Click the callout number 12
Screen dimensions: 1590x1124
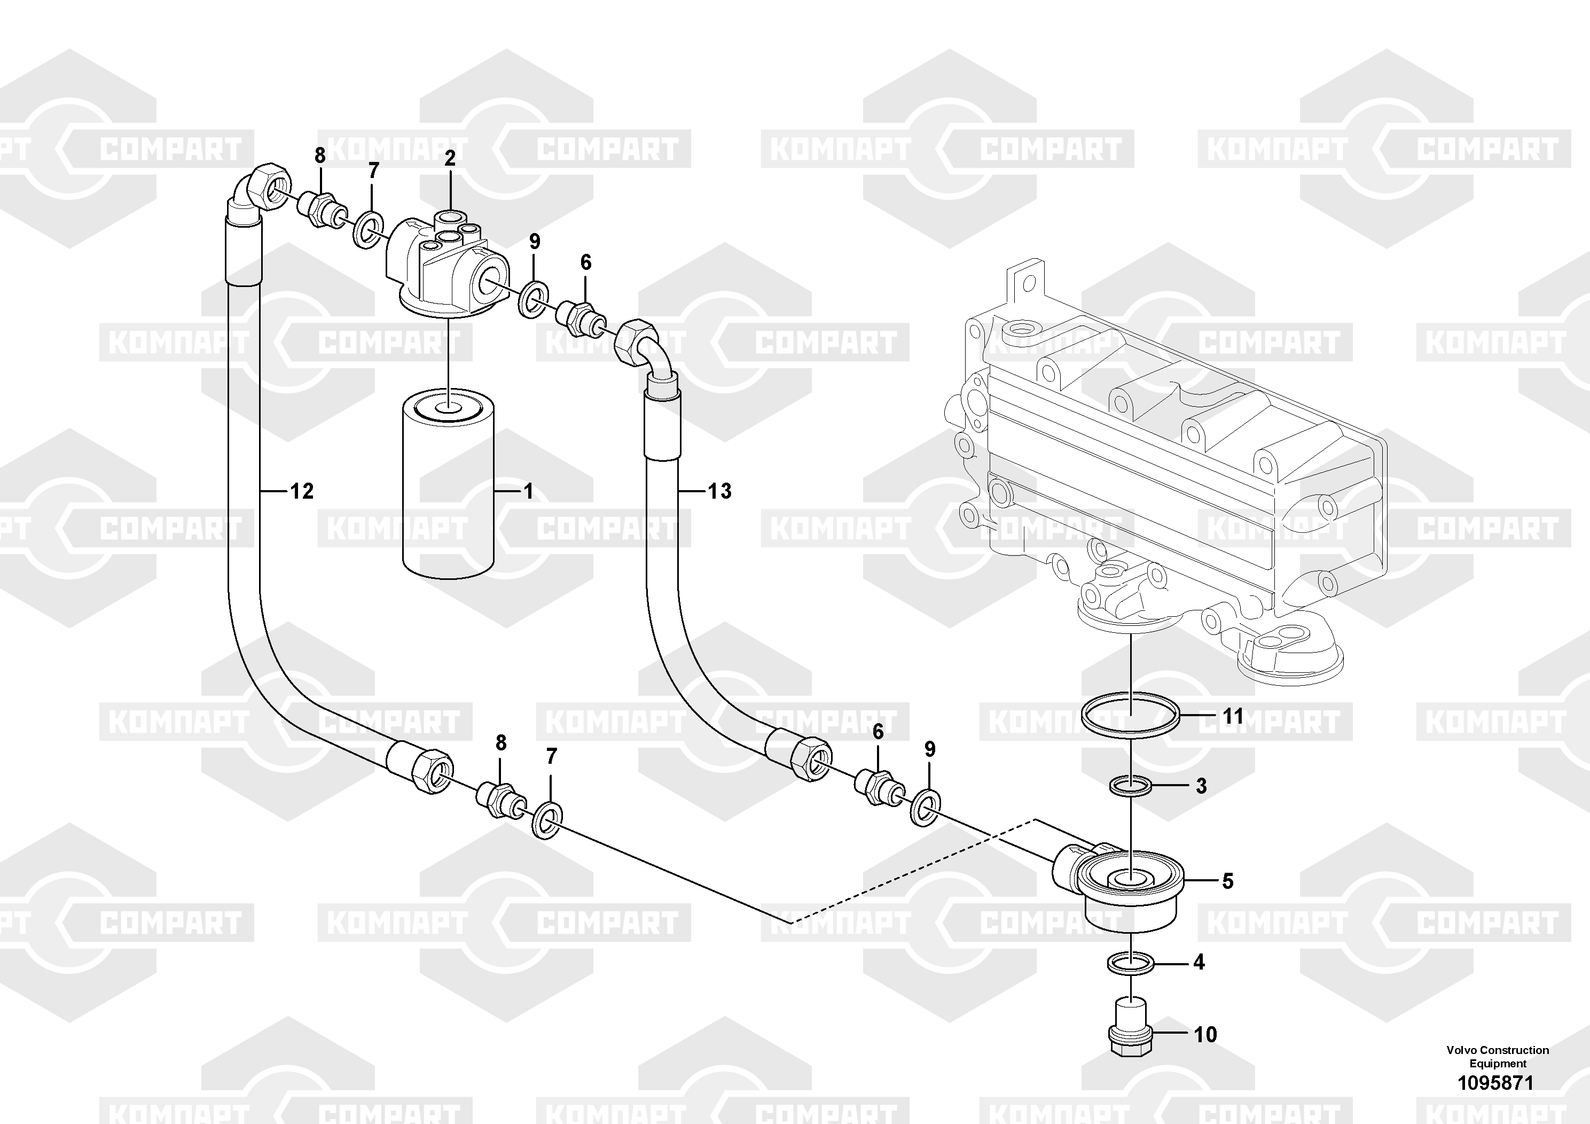coord(301,491)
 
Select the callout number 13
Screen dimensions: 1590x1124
coord(719,491)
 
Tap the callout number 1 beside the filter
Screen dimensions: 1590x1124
coord(528,491)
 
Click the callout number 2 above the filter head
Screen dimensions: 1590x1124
coord(450,158)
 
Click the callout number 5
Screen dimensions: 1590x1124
coord(1227,881)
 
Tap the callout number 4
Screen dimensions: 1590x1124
coord(1199,962)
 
